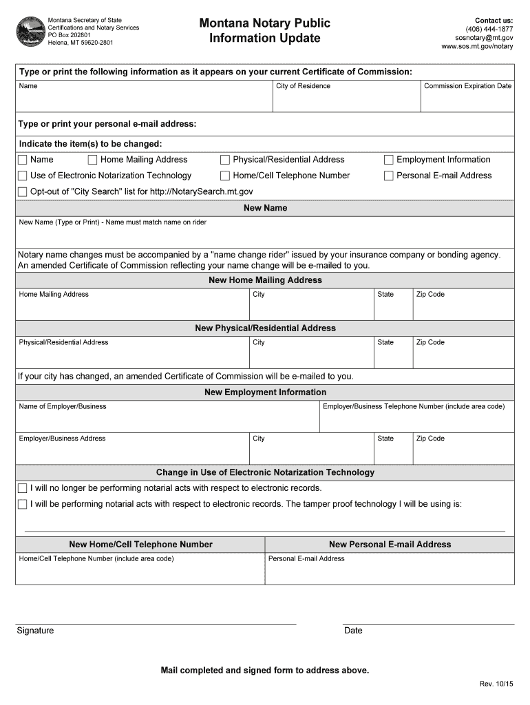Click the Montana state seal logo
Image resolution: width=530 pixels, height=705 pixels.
click(28, 32)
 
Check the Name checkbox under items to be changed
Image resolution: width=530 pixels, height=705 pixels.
click(23, 160)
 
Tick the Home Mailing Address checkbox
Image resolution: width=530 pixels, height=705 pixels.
click(93, 160)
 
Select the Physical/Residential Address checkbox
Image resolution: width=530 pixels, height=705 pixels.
click(225, 160)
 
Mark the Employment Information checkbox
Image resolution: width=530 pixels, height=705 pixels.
click(389, 160)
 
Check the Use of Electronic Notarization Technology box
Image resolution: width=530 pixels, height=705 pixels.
click(23, 176)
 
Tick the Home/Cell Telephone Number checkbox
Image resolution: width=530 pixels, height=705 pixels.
click(225, 176)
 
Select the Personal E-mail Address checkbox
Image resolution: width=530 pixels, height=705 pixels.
click(389, 176)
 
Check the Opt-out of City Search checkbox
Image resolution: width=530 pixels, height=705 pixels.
click(23, 191)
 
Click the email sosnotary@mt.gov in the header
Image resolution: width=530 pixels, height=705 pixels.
click(484, 38)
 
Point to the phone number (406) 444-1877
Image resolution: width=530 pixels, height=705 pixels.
click(489, 29)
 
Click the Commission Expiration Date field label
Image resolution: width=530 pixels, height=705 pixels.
click(467, 86)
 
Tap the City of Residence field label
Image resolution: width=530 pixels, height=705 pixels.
click(303, 86)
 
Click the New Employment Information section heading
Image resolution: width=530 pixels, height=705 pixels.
click(265, 392)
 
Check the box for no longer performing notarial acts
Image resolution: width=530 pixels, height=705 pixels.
click(23, 488)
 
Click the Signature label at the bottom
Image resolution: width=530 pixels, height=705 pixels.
click(35, 631)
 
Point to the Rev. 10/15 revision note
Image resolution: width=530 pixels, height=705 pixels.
click(496, 684)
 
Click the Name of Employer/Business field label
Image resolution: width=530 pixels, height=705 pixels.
click(63, 406)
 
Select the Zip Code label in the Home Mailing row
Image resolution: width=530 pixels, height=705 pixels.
click(430, 295)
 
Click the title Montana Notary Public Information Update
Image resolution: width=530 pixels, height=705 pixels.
click(265, 31)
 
